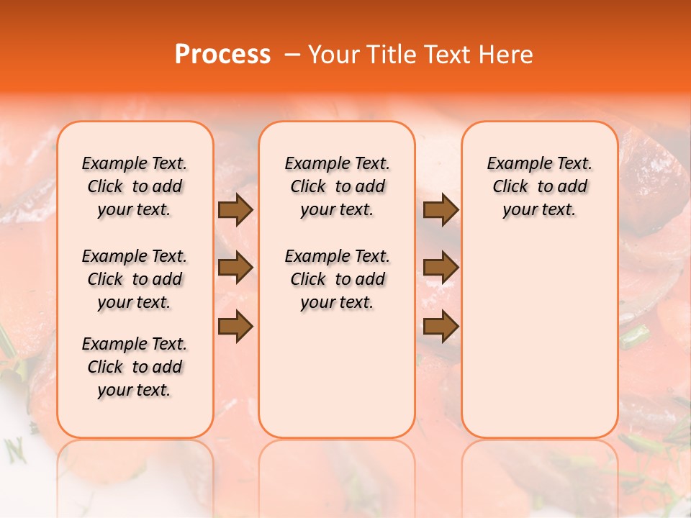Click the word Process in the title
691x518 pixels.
coord(222,55)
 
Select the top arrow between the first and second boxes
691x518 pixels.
coord(235,210)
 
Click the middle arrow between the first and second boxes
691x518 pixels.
coord(235,268)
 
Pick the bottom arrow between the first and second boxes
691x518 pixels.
coord(235,326)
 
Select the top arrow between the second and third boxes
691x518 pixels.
coord(441,210)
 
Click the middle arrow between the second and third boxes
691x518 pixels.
coord(441,268)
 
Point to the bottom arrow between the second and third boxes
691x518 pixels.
coord(441,326)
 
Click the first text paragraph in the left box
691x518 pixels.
coord(135,186)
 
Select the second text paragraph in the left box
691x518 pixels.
coord(135,279)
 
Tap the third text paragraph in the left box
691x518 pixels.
coord(135,367)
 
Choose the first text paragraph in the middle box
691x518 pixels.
coord(337,186)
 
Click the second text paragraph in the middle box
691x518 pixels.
coord(337,279)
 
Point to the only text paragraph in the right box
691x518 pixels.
coord(539,186)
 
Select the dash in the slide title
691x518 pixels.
coord(292,55)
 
